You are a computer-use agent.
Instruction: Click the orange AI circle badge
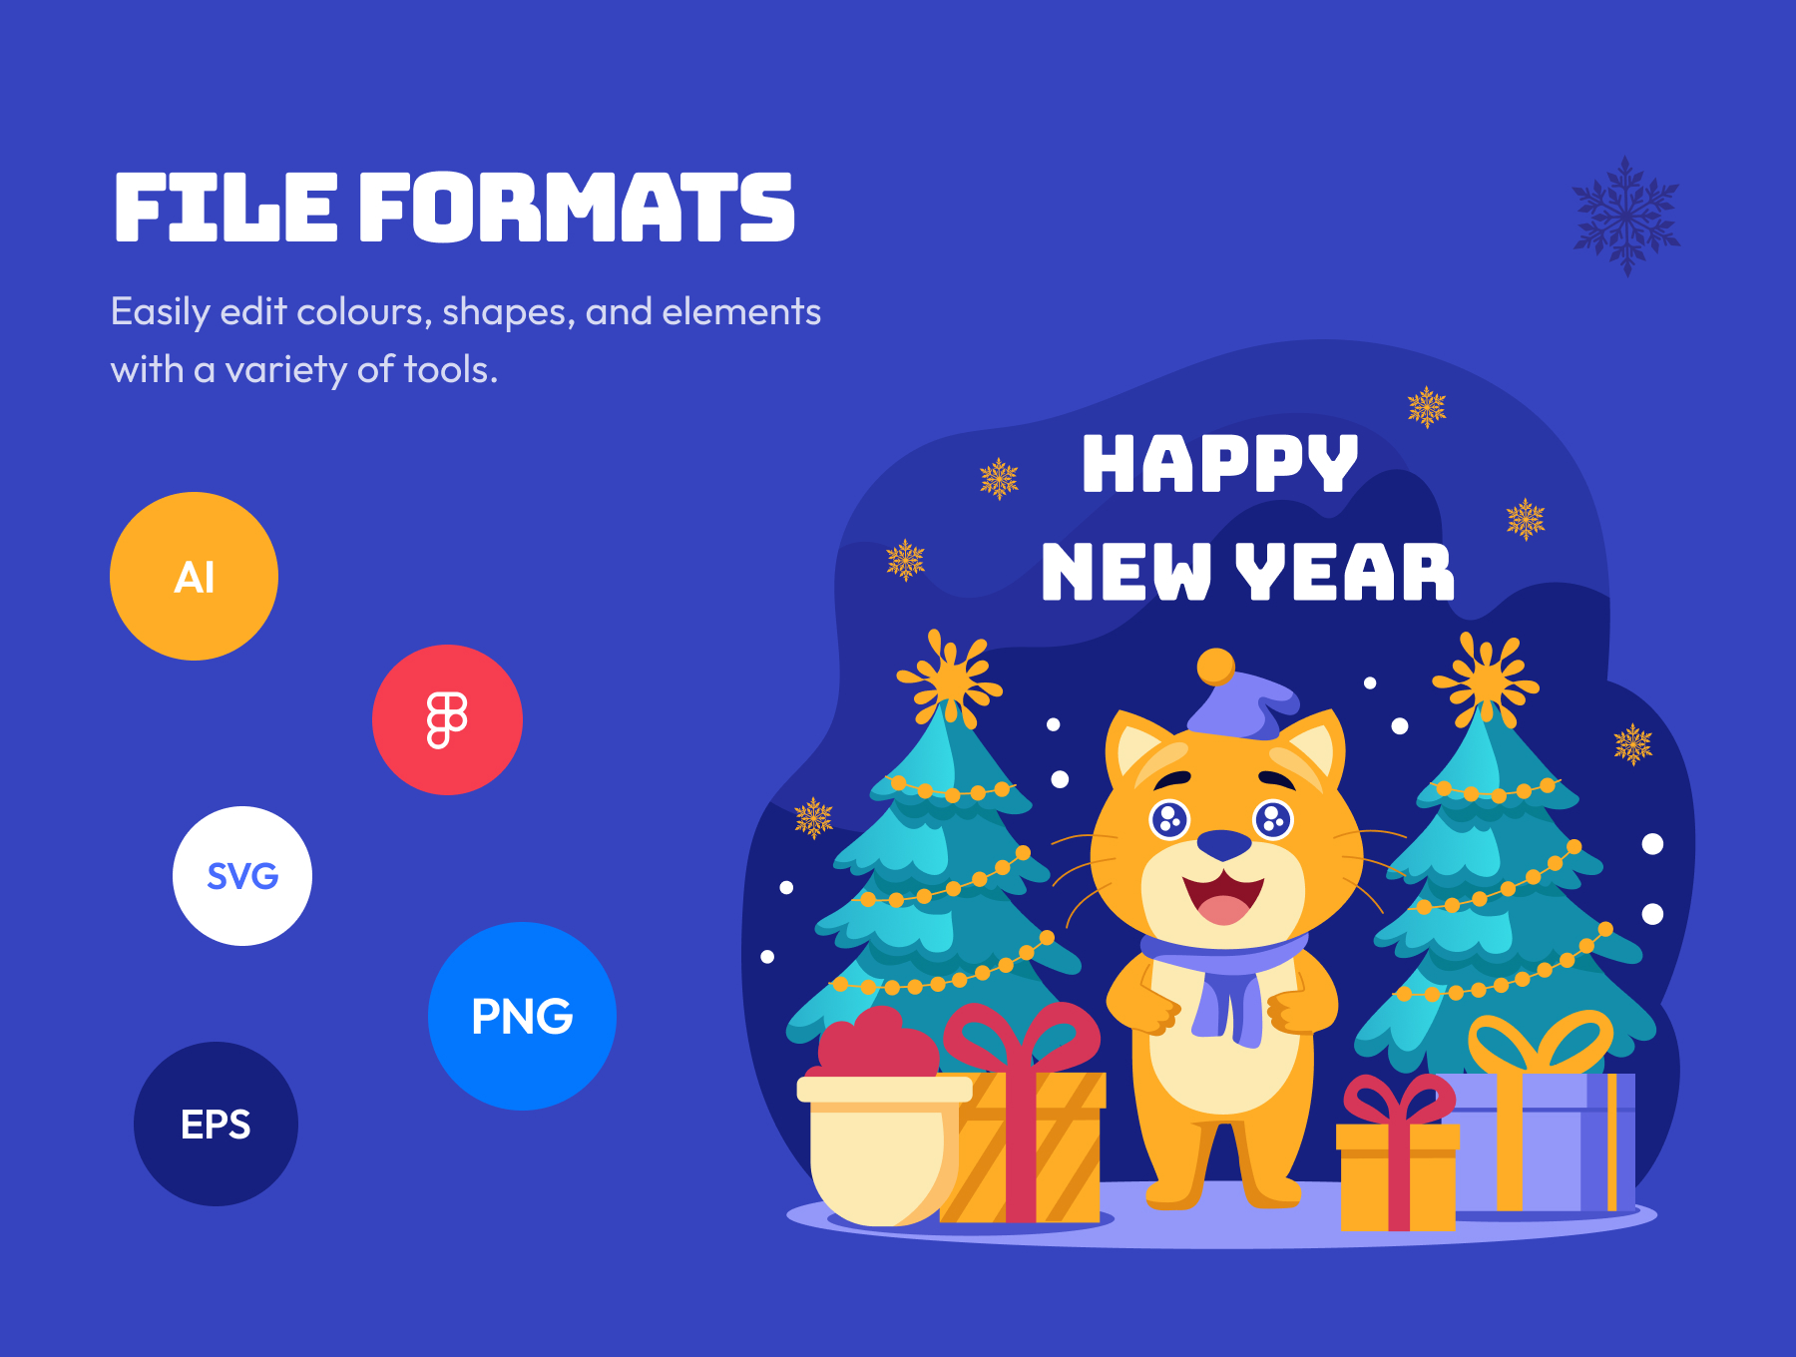[x=194, y=576]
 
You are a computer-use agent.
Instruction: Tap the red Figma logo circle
[x=447, y=719]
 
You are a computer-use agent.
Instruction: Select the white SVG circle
[x=242, y=876]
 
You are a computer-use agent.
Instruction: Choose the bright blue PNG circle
[x=522, y=1016]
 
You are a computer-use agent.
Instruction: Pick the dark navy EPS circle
[x=216, y=1124]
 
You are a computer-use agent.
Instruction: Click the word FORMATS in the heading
[x=577, y=208]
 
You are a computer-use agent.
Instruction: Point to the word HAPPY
[x=1219, y=464]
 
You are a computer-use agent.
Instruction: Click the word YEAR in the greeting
[x=1344, y=572]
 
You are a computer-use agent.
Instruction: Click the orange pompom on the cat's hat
[x=1215, y=667]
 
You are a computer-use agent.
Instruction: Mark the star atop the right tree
[x=1487, y=680]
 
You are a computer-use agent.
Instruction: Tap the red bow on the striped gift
[x=1021, y=1038]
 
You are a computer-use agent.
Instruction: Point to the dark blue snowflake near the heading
[x=1626, y=216]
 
